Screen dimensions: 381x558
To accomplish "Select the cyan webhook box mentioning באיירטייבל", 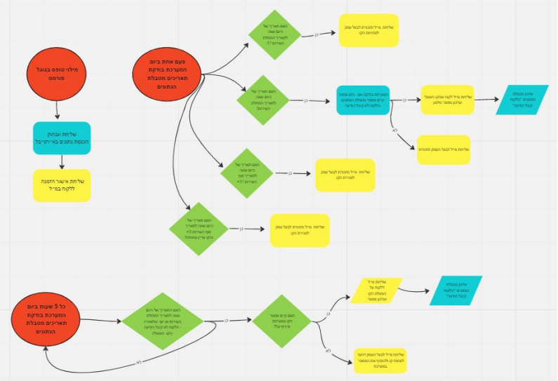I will click(62, 139).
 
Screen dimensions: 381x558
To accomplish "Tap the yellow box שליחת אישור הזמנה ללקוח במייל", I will click(62, 185).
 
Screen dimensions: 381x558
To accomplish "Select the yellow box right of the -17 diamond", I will click(368, 31).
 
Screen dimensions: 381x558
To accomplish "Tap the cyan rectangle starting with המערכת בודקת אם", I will click(362, 100).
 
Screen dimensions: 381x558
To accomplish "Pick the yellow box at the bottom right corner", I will click(380, 359).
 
